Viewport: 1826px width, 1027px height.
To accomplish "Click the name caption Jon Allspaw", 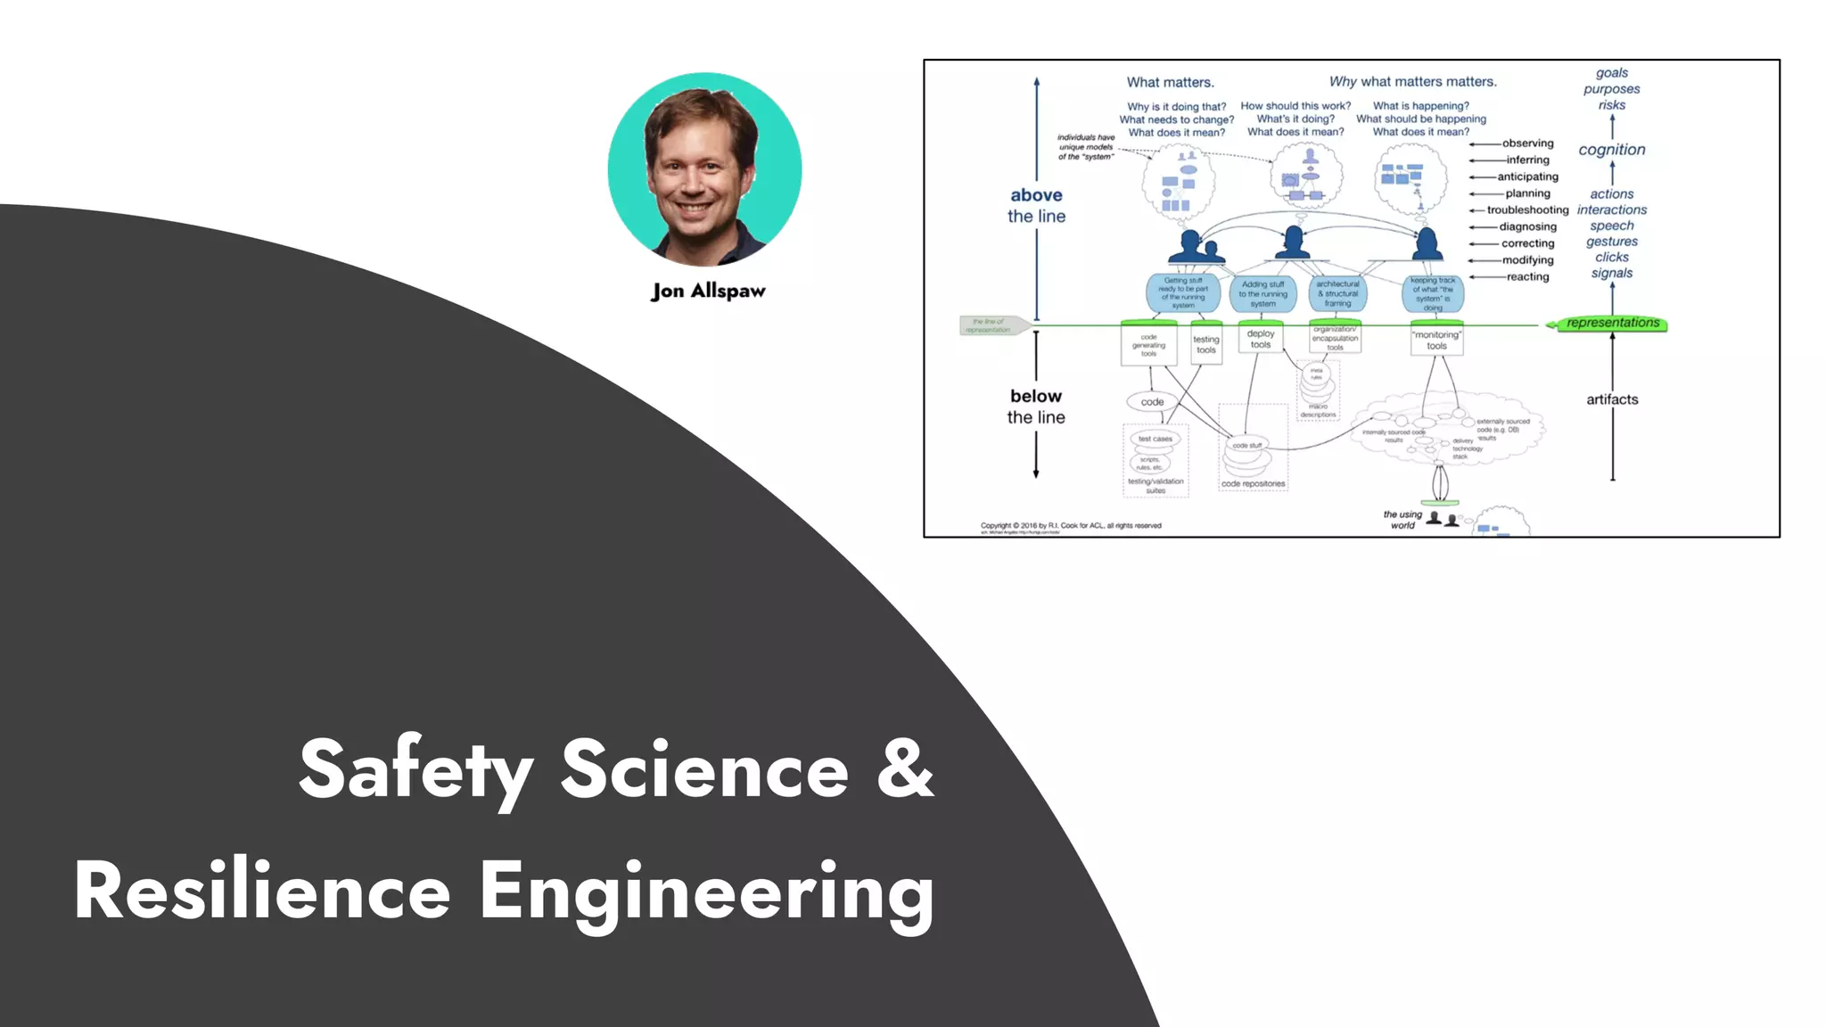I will [x=708, y=291].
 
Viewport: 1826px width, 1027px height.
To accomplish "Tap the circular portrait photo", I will [x=704, y=169].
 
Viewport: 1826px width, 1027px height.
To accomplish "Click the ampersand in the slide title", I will [x=904, y=768].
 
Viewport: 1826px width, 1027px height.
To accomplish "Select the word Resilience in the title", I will [x=262, y=891].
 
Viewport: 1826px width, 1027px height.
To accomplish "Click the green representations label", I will [x=1612, y=323].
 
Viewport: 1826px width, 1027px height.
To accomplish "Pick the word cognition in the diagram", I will [x=1611, y=150].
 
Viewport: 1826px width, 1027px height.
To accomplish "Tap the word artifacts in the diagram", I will [x=1611, y=399].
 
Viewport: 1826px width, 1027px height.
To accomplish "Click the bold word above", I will [x=1036, y=195].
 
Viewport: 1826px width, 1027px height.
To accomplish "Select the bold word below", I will [x=1036, y=396].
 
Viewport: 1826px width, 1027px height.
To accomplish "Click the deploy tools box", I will [x=1260, y=340].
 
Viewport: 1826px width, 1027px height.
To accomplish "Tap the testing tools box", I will [x=1205, y=344].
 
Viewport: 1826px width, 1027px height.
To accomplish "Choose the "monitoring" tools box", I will [x=1435, y=341].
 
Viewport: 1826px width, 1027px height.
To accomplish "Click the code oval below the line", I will [x=1152, y=402].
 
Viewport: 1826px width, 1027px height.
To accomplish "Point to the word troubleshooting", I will [x=1527, y=210].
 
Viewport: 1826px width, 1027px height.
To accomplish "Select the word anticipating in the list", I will [x=1527, y=177].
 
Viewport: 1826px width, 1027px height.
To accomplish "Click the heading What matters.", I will [x=1170, y=82].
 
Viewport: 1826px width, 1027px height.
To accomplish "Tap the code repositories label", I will [x=1253, y=484].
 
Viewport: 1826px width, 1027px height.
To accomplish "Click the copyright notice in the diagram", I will [x=1070, y=526].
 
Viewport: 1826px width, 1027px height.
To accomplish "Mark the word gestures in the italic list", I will [x=1611, y=242].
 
